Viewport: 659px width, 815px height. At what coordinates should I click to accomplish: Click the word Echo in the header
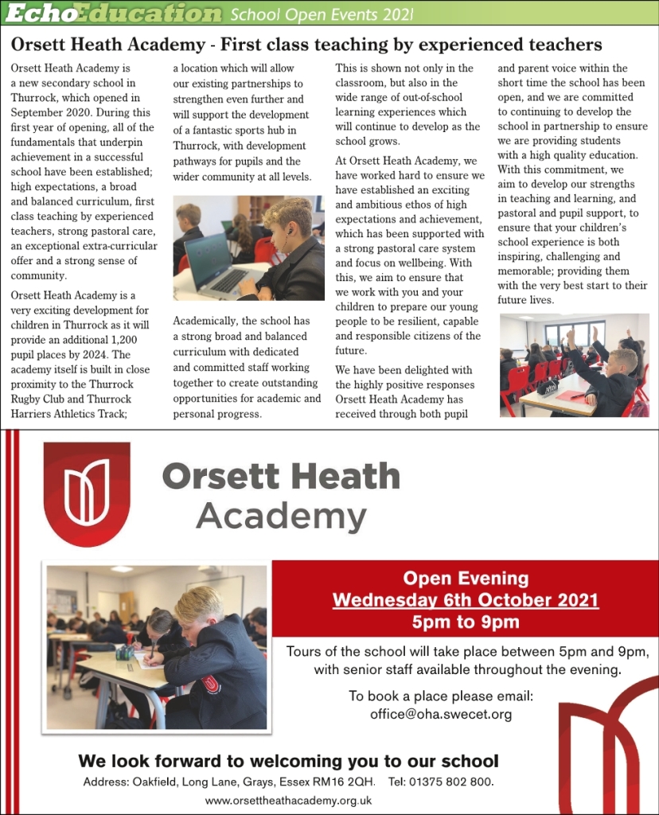coord(32,14)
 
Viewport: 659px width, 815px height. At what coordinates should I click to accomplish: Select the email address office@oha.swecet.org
coord(440,714)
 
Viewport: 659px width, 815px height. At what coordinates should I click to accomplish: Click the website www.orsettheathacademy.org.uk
coord(288,801)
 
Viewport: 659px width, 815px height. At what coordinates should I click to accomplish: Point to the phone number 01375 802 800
coord(453,782)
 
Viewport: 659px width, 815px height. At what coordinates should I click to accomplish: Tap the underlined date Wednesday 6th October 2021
coord(465,599)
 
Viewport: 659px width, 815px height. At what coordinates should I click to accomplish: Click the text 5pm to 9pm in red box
coord(465,622)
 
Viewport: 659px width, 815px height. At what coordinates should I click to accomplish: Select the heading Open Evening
coord(465,579)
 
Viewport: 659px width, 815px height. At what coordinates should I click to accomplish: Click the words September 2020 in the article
coord(47,112)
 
